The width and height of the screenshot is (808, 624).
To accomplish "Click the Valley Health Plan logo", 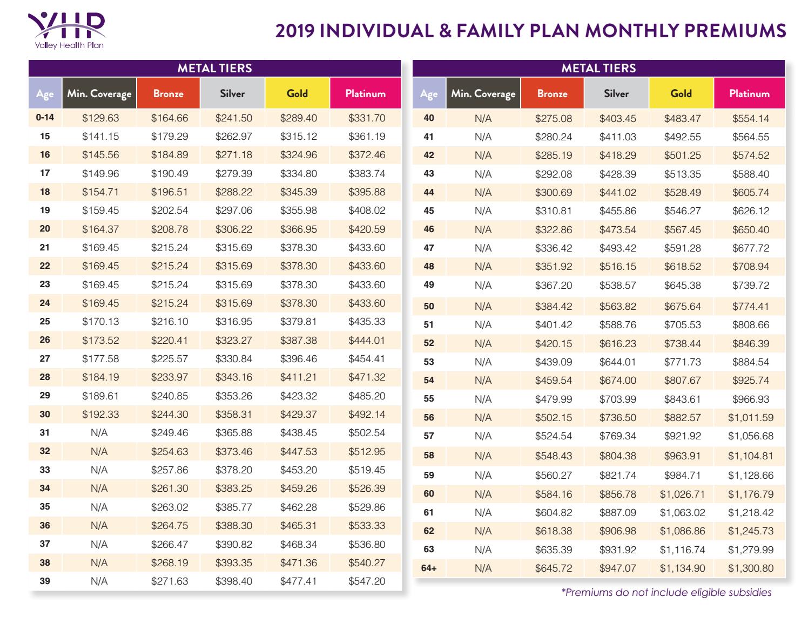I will click(66, 30).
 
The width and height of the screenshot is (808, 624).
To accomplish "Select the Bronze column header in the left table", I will click(168, 93).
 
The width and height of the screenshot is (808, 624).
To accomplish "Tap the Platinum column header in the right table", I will click(749, 93).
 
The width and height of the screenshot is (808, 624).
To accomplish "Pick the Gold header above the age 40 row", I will click(681, 93).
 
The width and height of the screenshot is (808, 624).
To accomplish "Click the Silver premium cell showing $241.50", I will click(233, 118).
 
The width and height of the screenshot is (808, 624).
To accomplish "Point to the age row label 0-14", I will click(45, 118).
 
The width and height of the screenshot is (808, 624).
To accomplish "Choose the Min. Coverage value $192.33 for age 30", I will click(100, 415).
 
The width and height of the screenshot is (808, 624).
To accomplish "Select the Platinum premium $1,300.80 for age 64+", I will click(750, 568).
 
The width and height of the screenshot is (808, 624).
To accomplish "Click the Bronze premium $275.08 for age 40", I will click(553, 119).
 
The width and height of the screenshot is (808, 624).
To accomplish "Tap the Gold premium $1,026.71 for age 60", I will click(682, 494).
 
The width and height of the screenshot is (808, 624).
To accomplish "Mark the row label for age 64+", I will click(429, 568).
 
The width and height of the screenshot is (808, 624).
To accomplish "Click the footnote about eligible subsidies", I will click(666, 593).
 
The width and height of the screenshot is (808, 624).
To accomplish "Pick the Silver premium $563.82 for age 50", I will click(617, 307).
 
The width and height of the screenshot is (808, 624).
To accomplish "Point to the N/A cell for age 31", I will click(99, 433).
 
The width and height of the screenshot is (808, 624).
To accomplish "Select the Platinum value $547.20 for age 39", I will click(367, 581).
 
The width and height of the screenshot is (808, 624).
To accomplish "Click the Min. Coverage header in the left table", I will click(99, 93).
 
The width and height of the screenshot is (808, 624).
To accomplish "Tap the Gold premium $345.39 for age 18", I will click(298, 192).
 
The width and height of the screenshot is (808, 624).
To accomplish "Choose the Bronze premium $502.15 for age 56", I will click(553, 418).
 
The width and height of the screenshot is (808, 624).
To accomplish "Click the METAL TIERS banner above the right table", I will click(598, 69).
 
